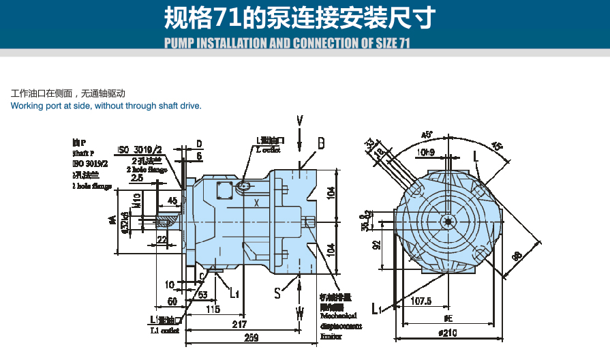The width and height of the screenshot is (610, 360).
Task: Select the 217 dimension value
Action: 239,324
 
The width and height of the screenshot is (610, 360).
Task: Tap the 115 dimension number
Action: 213,310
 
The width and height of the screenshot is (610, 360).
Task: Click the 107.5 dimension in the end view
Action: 422,301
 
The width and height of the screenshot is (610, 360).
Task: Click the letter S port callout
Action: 277,293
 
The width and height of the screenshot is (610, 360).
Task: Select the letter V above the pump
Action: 300,121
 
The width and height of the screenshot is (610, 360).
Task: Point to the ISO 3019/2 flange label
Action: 140,149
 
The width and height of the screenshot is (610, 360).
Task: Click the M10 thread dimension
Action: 137,200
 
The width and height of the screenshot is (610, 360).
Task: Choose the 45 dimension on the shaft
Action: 172,200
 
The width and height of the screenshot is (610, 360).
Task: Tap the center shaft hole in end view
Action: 448,220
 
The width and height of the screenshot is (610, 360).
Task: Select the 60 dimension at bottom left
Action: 172,300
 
